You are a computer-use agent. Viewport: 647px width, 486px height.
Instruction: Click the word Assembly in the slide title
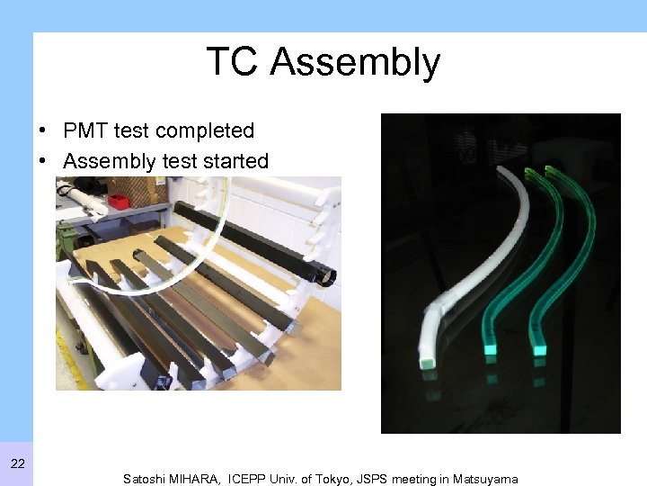pyautogui.click(x=355, y=63)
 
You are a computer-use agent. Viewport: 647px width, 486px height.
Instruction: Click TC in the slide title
pyautogui.click(x=233, y=62)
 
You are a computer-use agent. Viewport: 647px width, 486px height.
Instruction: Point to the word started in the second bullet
pyautogui.click(x=236, y=161)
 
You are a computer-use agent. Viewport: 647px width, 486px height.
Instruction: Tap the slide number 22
pyautogui.click(x=17, y=463)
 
